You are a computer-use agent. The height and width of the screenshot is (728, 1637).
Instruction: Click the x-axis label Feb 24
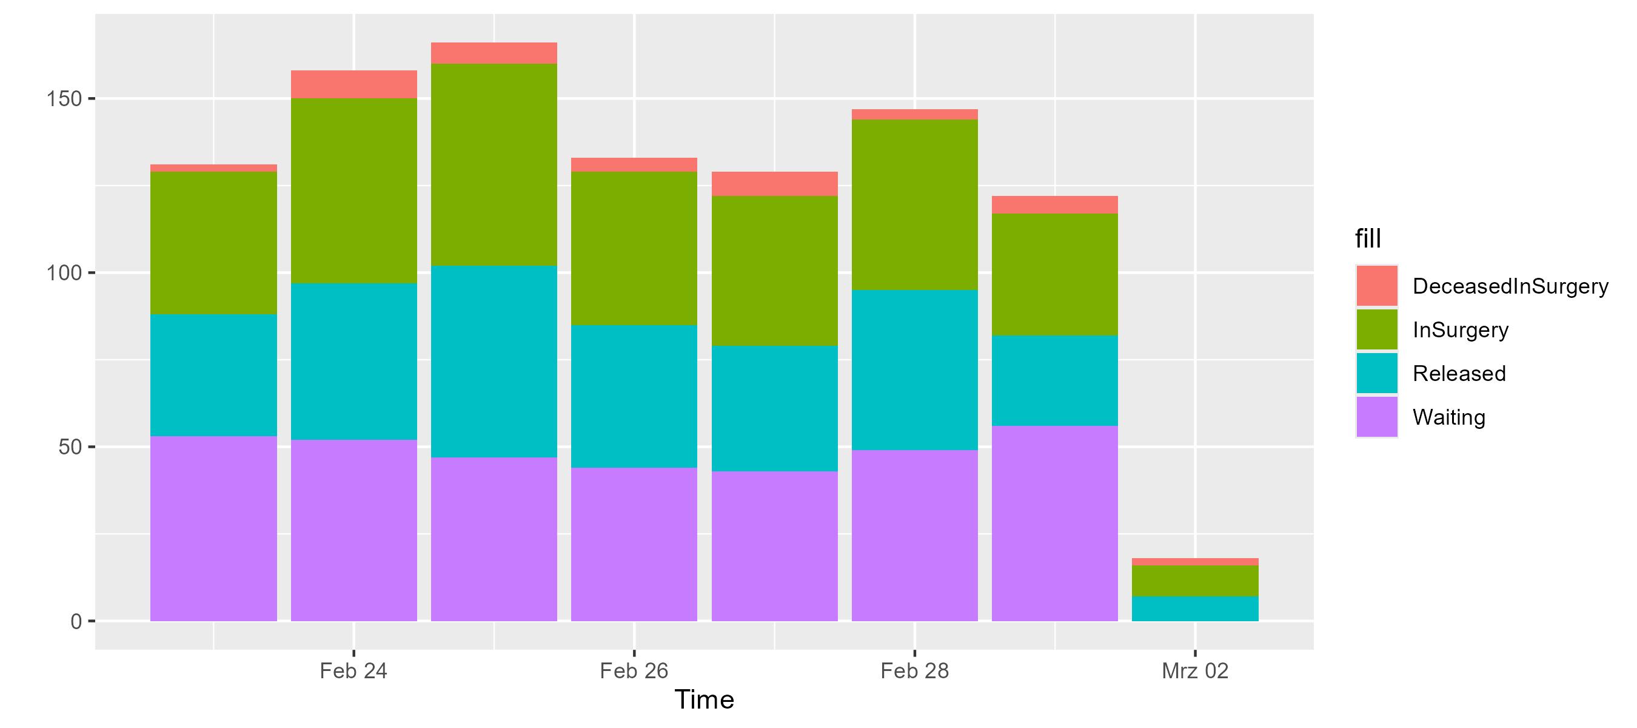(353, 671)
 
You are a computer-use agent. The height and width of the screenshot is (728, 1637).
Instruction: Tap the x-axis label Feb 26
(634, 671)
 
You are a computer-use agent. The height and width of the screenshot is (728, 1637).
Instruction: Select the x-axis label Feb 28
(914, 671)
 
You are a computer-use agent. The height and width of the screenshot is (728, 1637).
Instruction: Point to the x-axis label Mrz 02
(1194, 671)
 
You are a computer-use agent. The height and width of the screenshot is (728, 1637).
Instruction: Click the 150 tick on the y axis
(65, 98)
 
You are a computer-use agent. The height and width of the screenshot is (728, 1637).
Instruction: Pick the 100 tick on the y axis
(65, 273)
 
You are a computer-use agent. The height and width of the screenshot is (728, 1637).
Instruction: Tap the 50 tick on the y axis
(71, 447)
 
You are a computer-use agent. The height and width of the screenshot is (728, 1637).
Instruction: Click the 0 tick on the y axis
(76, 621)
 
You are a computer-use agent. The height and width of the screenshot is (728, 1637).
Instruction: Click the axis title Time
(704, 700)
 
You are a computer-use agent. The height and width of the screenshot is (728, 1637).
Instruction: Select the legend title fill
(1368, 239)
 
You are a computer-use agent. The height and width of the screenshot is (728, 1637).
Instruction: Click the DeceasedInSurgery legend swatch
(1376, 286)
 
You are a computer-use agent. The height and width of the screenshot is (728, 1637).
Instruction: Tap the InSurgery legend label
(1461, 330)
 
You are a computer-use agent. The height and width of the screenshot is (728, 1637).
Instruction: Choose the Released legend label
(1459, 373)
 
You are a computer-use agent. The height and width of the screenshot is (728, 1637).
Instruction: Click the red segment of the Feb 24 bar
(354, 84)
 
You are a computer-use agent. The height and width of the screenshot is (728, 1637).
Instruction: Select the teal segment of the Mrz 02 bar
(1194, 608)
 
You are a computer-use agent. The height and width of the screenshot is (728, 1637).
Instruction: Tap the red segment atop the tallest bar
(494, 53)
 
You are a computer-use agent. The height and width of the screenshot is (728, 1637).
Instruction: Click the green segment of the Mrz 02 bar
(1194, 581)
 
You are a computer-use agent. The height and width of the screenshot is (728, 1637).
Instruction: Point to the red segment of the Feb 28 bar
(914, 115)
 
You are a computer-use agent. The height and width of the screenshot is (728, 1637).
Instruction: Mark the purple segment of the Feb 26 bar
(634, 544)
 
